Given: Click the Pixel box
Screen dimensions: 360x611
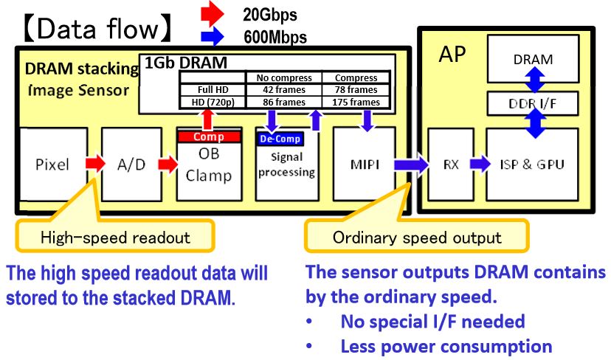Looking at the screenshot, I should tap(52, 163).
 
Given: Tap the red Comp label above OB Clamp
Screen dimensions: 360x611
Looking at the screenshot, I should tap(208, 136).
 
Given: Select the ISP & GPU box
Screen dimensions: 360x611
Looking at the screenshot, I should tap(533, 164).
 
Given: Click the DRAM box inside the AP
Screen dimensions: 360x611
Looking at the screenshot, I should tap(533, 60).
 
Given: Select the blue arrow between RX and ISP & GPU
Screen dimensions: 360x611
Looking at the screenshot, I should tap(478, 164).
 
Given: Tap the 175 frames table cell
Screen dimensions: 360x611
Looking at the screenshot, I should tap(356, 102).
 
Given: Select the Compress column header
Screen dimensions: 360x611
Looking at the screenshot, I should tap(356, 77).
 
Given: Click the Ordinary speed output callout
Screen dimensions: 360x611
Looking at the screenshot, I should tap(417, 238).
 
